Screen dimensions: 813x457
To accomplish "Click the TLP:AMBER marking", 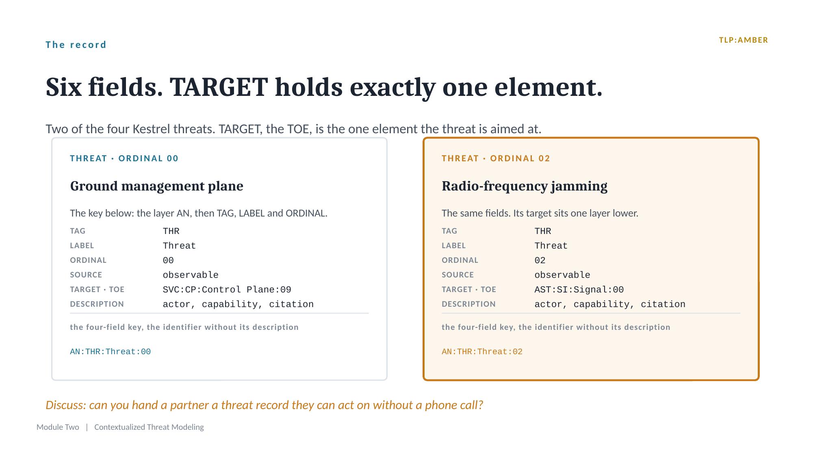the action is (x=743, y=40).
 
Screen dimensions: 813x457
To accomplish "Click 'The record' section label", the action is (x=76, y=45).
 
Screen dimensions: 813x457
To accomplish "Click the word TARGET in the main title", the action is (x=219, y=87).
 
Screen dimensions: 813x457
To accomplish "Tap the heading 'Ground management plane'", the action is (x=156, y=186).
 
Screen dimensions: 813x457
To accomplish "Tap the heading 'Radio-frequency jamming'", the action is (x=525, y=186).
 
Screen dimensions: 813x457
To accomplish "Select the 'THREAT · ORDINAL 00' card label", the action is (x=124, y=158).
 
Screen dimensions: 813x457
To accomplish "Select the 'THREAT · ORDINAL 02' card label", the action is (x=496, y=158).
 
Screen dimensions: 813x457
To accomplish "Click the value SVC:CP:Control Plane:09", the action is (x=227, y=290).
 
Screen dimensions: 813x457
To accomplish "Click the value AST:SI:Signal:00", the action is (x=579, y=290).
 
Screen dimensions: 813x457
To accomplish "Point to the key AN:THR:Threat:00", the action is (x=111, y=352).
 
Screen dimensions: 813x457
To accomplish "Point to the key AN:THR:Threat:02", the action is (x=482, y=352).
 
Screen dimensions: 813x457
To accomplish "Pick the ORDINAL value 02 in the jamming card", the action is (x=540, y=260).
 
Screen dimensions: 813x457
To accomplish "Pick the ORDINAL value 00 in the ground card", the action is (x=168, y=260).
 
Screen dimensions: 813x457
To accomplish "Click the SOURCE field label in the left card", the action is (x=86, y=275).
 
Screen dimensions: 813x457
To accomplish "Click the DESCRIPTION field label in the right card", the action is (x=468, y=304).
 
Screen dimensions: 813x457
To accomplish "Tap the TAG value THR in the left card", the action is (x=171, y=231).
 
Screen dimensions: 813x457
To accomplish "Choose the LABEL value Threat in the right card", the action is (x=551, y=246).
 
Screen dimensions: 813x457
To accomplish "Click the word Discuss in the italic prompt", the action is (x=66, y=405).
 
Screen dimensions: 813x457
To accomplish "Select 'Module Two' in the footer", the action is (x=58, y=427).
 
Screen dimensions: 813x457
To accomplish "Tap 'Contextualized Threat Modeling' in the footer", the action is (x=149, y=427).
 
